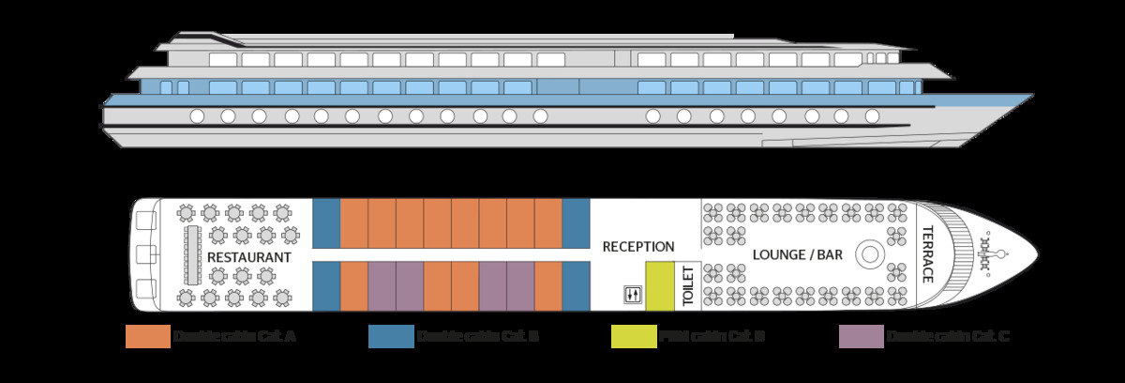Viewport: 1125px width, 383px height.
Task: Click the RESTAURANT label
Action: [x=248, y=256]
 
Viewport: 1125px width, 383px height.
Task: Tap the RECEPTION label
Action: [x=638, y=247]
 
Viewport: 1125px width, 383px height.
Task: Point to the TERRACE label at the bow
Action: [x=928, y=253]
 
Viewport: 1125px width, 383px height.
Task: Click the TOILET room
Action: [x=687, y=285]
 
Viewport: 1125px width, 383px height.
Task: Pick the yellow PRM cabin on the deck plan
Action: [x=659, y=285]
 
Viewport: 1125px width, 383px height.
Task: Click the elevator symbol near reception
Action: [x=632, y=295]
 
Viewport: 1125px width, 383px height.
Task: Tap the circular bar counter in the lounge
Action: [x=869, y=253]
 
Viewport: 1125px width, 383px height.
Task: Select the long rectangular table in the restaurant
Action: [x=193, y=255]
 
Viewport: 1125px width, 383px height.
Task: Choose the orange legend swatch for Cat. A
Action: [x=147, y=337]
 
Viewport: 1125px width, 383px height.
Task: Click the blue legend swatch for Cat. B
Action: [x=391, y=337]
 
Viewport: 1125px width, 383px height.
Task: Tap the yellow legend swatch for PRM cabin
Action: [x=634, y=337]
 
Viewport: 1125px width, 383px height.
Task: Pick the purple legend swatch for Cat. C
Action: [x=862, y=337]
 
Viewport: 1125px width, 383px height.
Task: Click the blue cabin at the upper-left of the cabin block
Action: [x=325, y=222]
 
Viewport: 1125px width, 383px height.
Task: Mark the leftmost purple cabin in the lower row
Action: [x=382, y=285]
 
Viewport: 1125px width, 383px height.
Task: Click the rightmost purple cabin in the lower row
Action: [x=520, y=285]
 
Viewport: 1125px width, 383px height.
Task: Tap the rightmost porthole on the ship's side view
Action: [x=872, y=116]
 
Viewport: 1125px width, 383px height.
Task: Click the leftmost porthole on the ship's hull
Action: [x=197, y=116]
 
